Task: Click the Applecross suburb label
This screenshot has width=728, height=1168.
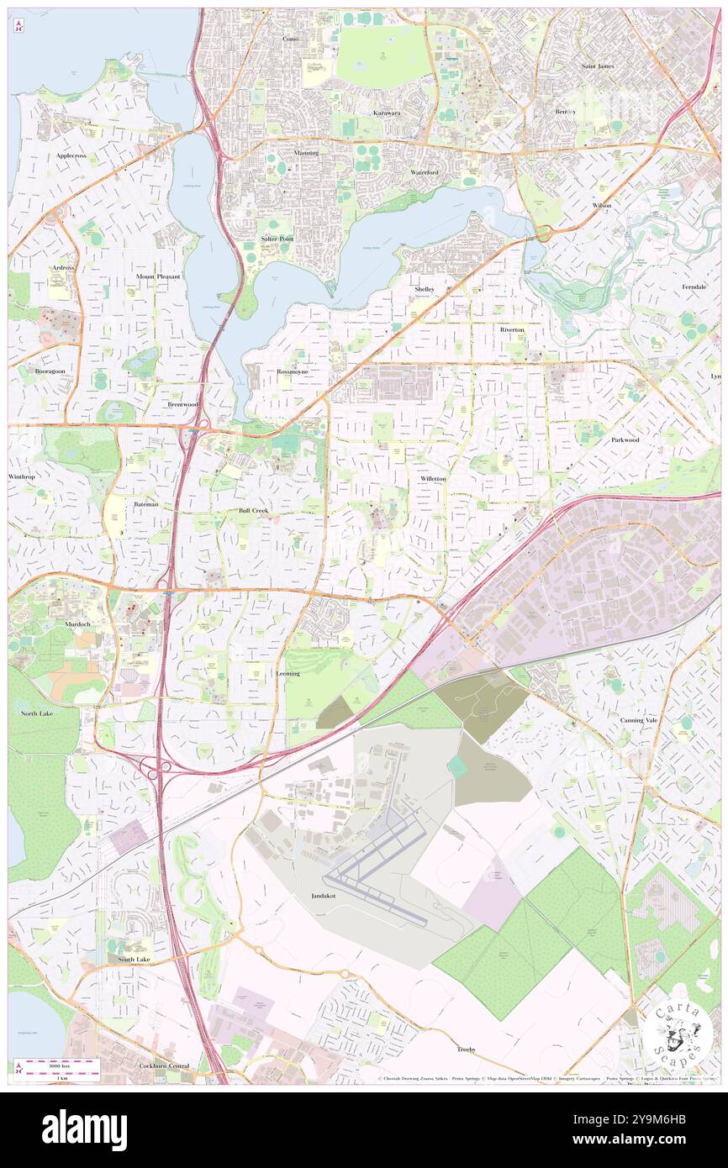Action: (71, 155)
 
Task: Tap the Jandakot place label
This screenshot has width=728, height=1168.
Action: (324, 897)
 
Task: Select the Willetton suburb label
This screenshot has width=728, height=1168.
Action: (433, 478)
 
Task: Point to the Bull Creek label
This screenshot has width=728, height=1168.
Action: (253, 510)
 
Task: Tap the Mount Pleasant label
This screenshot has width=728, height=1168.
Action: (158, 276)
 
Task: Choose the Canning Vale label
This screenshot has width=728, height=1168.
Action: (638, 720)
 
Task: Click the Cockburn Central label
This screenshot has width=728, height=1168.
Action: (164, 1065)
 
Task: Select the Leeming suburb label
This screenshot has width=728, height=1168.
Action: (288, 673)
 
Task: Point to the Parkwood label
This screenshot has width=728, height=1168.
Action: (625, 439)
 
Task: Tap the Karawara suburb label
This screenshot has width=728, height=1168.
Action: (387, 112)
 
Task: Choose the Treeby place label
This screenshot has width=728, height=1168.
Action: (467, 1049)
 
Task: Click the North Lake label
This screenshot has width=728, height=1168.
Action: (37, 713)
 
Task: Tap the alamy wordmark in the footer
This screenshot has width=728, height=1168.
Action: (84, 1129)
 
